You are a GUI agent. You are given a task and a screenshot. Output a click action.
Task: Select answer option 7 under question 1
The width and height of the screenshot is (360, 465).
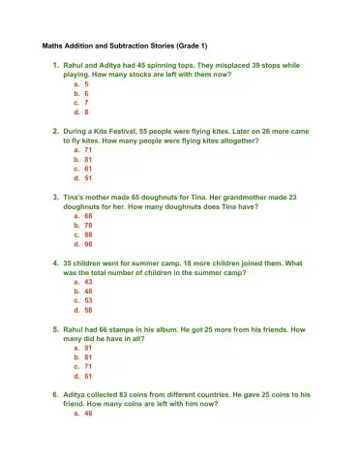click(87, 102)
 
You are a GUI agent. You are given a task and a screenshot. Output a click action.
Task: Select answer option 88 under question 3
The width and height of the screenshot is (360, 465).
click(88, 234)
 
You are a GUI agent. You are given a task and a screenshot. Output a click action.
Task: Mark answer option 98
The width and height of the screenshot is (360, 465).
click(88, 244)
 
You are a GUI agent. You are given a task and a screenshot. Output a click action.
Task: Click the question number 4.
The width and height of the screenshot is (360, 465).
click(54, 263)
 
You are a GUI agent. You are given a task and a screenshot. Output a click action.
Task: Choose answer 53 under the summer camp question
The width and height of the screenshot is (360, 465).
click(88, 300)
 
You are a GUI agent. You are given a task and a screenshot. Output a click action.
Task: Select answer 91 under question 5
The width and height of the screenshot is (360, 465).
click(88, 348)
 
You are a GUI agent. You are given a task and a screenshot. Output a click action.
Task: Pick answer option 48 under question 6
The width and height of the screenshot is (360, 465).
click(88, 414)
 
